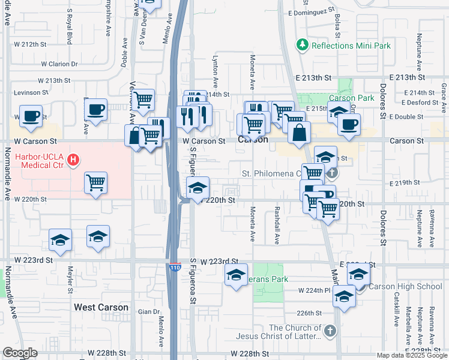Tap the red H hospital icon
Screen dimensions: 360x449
tap(73, 160)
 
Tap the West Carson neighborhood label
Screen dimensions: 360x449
tap(101, 307)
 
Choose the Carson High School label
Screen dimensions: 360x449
tap(405, 286)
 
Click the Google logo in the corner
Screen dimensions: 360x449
tap(20, 353)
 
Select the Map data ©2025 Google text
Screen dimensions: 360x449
tap(412, 355)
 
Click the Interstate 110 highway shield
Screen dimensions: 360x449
tap(175, 265)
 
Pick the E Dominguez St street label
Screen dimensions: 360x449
tap(310, 11)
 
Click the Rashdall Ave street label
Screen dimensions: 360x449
tap(277, 226)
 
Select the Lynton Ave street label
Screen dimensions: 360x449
tap(214, 67)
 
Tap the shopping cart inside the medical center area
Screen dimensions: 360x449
tap(97, 182)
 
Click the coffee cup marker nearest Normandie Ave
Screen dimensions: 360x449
tap(31, 116)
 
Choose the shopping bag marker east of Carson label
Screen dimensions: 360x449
tap(299, 132)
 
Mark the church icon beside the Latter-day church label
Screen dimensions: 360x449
tap(330, 331)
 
